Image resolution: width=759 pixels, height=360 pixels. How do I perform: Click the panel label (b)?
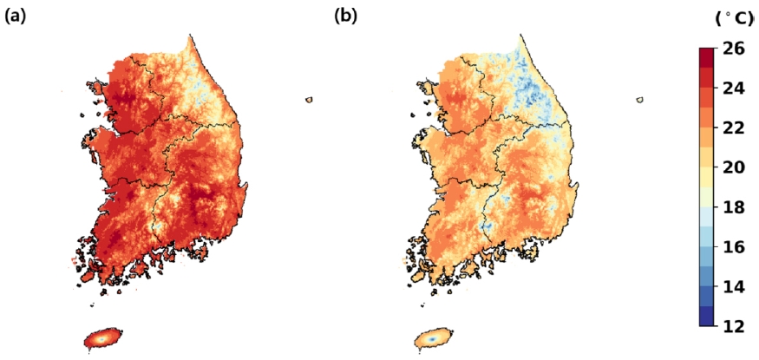coord(346,16)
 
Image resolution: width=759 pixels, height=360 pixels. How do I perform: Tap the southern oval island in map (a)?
coord(103,337)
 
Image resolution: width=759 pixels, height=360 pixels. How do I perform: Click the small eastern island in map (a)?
coord(309,100)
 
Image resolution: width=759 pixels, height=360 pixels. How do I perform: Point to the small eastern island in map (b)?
coord(640,100)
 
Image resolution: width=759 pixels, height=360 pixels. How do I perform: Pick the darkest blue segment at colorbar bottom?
coord(707,317)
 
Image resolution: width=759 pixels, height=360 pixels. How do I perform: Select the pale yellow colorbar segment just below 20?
coord(707,177)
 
